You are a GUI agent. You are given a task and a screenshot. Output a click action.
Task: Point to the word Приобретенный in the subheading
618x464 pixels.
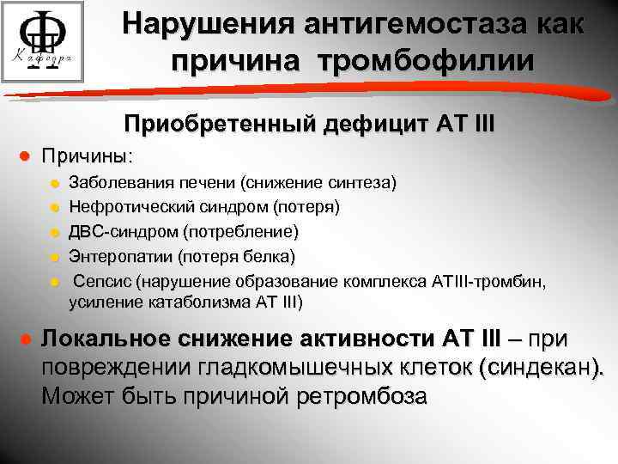click(x=221, y=123)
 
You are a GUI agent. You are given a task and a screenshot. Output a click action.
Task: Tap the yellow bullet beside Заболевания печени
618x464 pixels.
click(x=53, y=183)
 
